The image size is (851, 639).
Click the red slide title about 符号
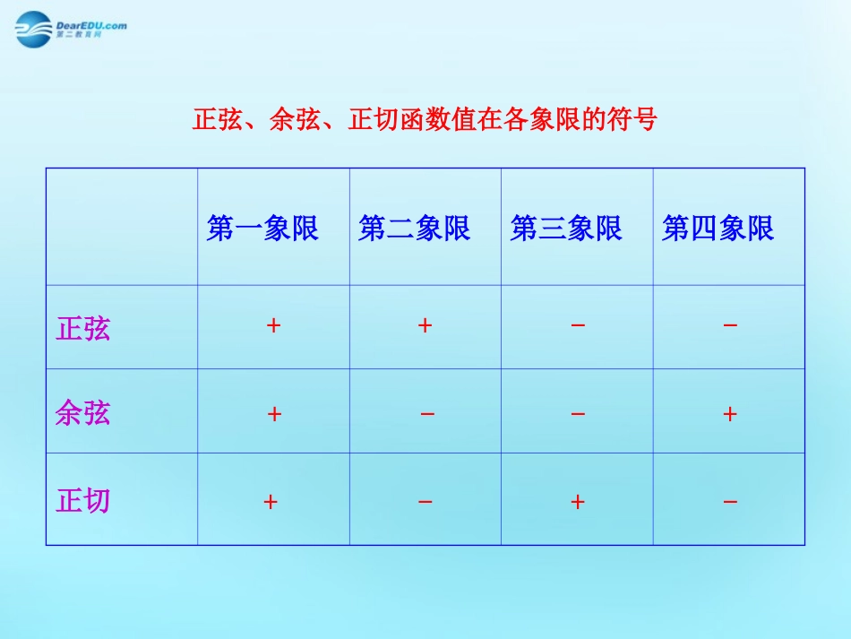tap(425, 119)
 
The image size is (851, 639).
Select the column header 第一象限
tap(262, 229)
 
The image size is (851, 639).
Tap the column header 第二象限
tap(414, 229)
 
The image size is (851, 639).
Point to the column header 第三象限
tap(566, 229)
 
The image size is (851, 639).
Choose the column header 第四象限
tap(718, 229)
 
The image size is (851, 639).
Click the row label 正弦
tap(83, 328)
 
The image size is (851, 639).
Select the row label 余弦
tap(82, 412)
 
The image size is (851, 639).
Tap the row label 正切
tap(83, 500)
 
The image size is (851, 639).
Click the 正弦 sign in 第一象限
tap(273, 325)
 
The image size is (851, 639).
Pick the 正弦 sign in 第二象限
tap(425, 325)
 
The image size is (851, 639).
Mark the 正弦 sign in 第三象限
tap(578, 325)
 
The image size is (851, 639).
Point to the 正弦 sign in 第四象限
tap(730, 325)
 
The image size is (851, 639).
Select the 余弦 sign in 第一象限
tap(274, 414)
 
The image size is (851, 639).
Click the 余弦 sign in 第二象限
tap(427, 414)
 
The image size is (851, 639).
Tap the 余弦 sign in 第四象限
tap(730, 414)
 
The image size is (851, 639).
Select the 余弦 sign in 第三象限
tap(578, 414)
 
